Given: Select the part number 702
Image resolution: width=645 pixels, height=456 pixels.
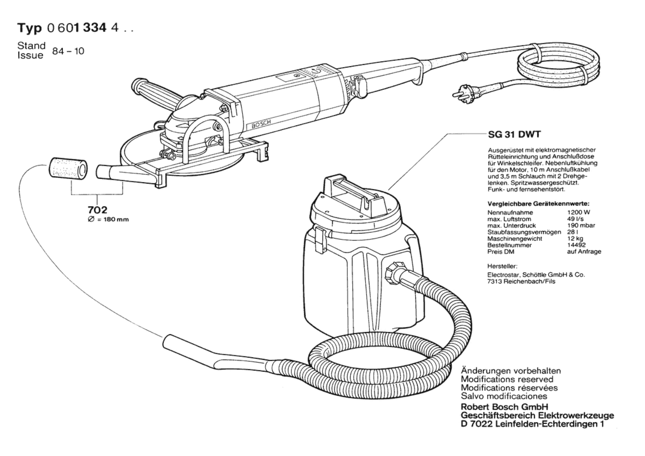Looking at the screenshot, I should tap(97, 210).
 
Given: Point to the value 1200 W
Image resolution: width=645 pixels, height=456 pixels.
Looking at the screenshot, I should tap(578, 212).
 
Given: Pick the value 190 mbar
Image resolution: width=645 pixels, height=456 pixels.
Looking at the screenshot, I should tap(581, 225).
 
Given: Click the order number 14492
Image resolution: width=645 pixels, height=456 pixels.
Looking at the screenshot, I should tap(576, 245).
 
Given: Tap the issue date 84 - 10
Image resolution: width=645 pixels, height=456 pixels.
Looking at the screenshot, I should tap(68, 51).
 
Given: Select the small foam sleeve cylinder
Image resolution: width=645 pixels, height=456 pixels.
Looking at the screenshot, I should tap(68, 169).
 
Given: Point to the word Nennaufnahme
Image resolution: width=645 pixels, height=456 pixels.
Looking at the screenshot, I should tap(506, 212).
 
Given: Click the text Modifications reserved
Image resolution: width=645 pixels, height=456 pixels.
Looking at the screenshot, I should tap(507, 379).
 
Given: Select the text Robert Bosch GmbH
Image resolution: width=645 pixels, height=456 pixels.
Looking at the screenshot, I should tap(505, 407).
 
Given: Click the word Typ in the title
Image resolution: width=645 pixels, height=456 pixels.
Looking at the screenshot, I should tap(30, 28).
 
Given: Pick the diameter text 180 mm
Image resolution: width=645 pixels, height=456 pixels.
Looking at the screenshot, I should tap(116, 219).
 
